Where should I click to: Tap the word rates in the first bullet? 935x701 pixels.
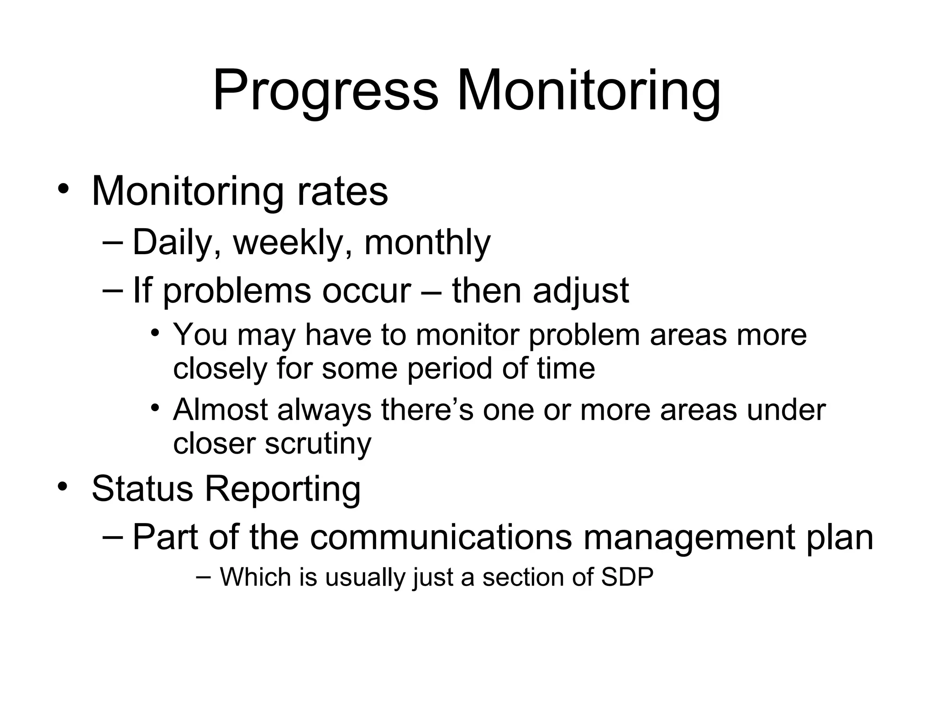click(x=342, y=192)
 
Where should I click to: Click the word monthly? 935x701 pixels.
click(x=427, y=243)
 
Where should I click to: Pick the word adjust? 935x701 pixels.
click(x=581, y=291)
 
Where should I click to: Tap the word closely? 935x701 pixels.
click(x=220, y=369)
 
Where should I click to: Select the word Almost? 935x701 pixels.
click(x=220, y=409)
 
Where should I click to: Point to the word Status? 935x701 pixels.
click(x=142, y=489)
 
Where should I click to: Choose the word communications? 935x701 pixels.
click(x=441, y=537)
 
